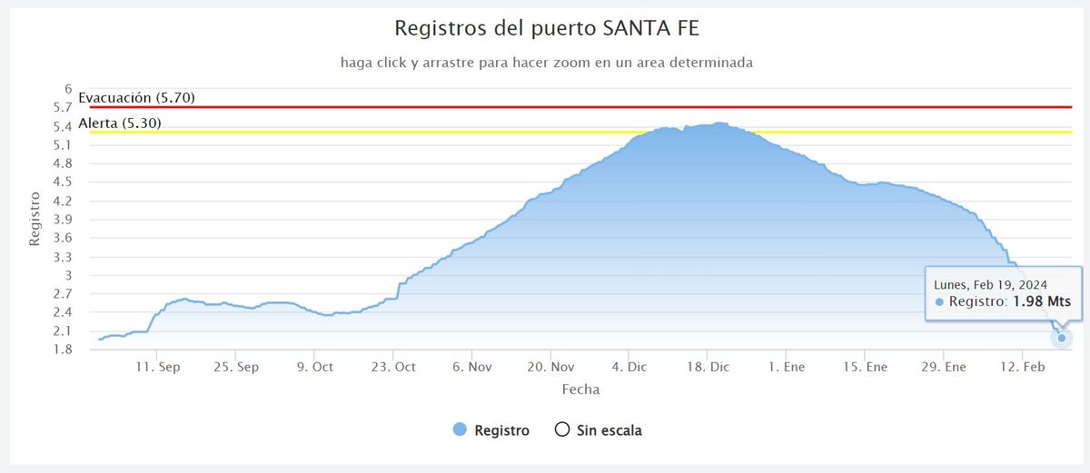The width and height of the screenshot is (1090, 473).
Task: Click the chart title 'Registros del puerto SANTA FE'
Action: (547, 28)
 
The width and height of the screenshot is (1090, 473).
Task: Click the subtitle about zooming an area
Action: (546, 63)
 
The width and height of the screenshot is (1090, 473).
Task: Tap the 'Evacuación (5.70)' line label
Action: (136, 97)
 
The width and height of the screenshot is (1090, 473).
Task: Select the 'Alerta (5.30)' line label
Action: (120, 123)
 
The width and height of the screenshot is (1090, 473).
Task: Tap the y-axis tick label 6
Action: (67, 89)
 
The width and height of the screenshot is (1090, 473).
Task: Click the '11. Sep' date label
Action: (156, 368)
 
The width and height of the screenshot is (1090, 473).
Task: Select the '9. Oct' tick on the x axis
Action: (314, 368)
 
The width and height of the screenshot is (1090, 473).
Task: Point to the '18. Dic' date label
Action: (708, 368)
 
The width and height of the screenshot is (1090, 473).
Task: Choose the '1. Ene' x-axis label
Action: (787, 368)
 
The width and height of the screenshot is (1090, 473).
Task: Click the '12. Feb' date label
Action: (1023, 368)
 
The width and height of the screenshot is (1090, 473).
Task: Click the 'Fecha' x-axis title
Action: (580, 389)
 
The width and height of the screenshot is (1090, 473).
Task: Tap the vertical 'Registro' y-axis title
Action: (35, 219)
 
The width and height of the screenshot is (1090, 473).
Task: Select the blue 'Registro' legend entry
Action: (491, 430)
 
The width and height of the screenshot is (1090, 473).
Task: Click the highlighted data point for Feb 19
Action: (1062, 338)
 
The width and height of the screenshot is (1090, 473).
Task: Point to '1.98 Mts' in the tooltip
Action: (1042, 301)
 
